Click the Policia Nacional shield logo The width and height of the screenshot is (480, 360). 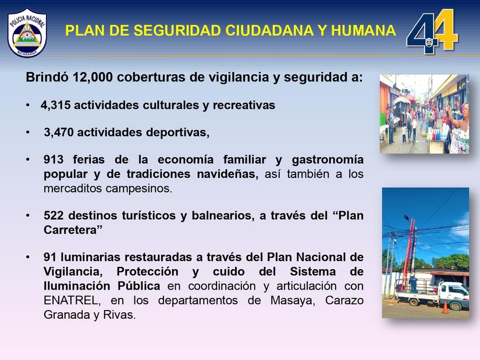tap(27, 32)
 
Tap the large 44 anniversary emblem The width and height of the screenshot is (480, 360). tap(432, 31)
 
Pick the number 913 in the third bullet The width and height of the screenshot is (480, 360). tap(54, 159)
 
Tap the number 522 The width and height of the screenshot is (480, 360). tap(54, 216)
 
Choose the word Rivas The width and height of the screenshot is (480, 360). tap(121, 315)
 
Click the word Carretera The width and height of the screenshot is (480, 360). tap(73, 230)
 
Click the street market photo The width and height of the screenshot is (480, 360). tap(424, 114)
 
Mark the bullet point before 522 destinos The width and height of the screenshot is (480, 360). tap(28, 216)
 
